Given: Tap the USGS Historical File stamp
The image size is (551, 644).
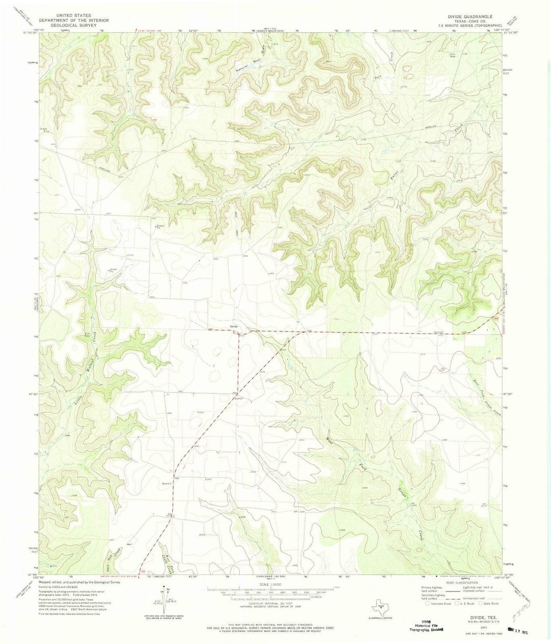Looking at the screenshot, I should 425,625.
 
